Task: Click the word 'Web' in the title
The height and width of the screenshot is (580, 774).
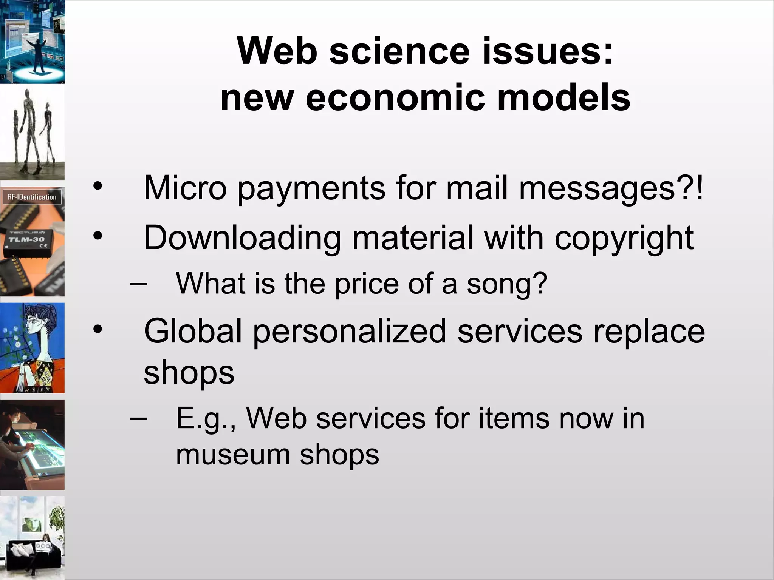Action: [x=277, y=51]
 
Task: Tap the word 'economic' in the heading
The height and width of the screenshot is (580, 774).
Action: [x=395, y=98]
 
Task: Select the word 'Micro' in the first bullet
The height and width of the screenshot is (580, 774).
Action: [x=185, y=188]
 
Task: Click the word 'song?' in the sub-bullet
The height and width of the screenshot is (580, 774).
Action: [x=507, y=284]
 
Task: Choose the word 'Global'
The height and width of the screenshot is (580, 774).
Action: [x=192, y=331]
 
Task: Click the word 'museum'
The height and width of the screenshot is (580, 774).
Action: [x=232, y=455]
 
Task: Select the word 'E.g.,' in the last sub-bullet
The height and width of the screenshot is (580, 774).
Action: [x=206, y=419]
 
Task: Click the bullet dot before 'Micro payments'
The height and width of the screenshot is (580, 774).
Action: [x=98, y=186]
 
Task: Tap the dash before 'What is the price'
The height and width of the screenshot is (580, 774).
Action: [x=139, y=284]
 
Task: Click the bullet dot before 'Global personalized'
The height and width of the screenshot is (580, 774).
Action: [x=98, y=329]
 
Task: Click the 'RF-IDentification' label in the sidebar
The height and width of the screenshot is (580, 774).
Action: [x=32, y=197]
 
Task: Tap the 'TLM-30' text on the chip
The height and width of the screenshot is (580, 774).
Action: [x=26, y=239]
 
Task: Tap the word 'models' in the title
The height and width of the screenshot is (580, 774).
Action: [x=563, y=98]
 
